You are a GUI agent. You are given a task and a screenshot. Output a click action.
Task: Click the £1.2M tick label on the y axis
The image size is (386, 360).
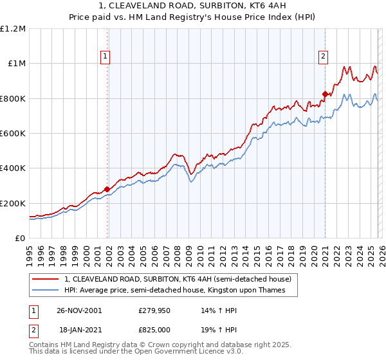(13, 29)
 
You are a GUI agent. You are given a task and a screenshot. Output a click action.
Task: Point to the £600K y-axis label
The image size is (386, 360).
(13, 134)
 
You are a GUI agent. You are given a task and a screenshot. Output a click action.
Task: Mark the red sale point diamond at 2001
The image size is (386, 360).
(107, 189)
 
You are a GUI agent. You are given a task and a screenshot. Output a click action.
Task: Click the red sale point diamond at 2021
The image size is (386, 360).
(325, 94)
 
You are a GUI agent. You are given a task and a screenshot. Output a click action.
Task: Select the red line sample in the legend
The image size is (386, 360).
(46, 280)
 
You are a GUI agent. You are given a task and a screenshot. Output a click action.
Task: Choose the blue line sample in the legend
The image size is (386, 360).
(46, 291)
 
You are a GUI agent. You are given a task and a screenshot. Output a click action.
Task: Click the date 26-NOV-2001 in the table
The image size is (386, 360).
(79, 310)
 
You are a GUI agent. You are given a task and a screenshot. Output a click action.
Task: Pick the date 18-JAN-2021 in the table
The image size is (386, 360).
(78, 329)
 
